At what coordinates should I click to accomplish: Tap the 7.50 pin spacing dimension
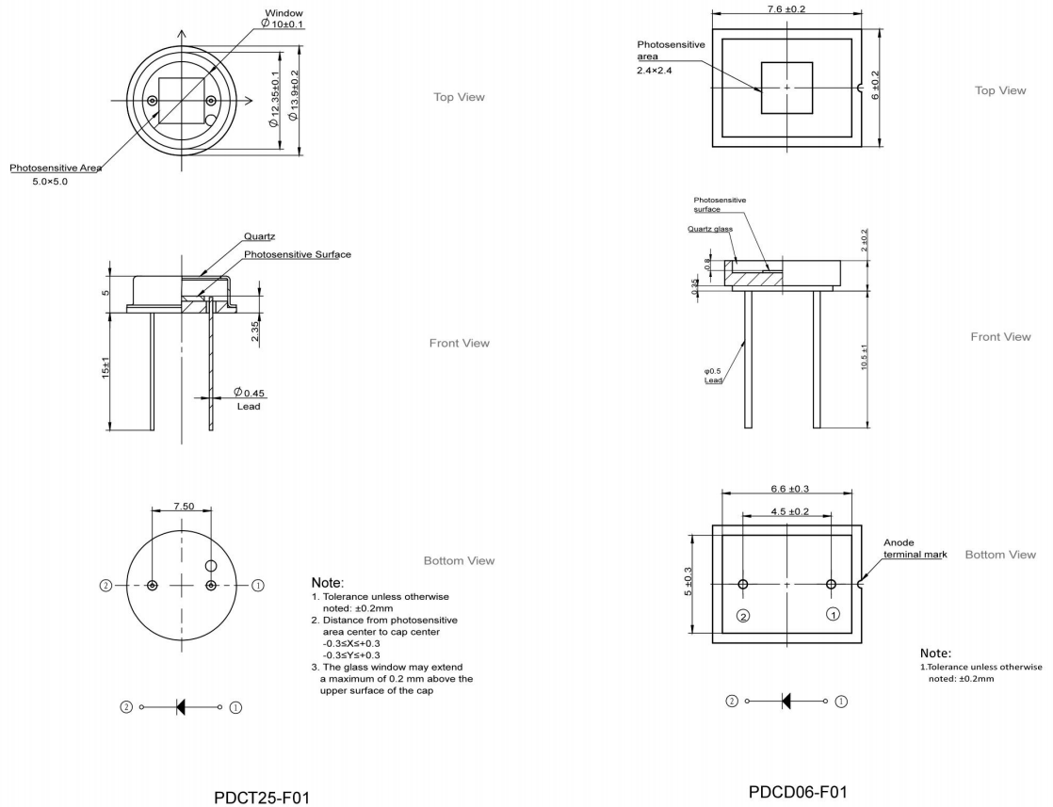pyautogui.click(x=181, y=506)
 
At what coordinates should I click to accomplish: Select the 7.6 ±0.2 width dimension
pyautogui.click(x=788, y=9)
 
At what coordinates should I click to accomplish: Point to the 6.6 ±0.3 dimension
pyautogui.click(x=787, y=489)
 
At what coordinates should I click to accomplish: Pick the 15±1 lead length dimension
pyautogui.click(x=106, y=369)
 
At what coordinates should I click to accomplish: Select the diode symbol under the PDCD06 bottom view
pyautogui.click(x=787, y=701)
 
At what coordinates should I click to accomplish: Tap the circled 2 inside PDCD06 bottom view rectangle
pyautogui.click(x=743, y=616)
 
